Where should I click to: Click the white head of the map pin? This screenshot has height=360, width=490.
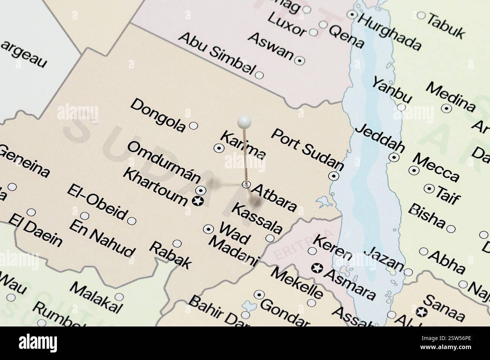tap(244, 121)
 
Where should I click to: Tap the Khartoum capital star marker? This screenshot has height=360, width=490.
tap(197, 201)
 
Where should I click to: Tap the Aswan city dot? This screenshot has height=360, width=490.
tap(300, 60)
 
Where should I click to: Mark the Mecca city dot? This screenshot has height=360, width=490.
tap(414, 170)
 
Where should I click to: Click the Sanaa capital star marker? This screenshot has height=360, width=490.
tap(421, 312)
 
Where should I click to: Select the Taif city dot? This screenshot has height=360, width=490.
tap(429, 188)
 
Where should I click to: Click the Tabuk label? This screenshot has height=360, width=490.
tap(447, 25)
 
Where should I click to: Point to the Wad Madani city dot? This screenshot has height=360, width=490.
tap(208, 229)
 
